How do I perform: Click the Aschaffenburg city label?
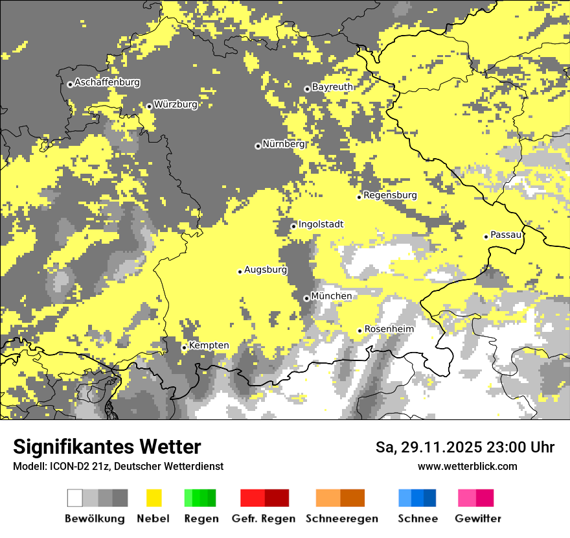click(107, 82)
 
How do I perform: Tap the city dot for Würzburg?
click(149, 106)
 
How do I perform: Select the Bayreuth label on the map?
click(332, 87)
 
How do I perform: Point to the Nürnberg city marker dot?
click(258, 146)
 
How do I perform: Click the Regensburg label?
click(390, 195)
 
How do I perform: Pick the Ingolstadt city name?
click(321, 224)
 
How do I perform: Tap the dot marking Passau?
click(486, 237)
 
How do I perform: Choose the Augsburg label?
click(266, 270)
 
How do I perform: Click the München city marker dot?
click(306, 298)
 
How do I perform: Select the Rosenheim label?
click(389, 329)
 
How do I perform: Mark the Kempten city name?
click(209, 345)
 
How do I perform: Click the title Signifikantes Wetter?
click(107, 447)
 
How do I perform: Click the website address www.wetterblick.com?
click(467, 466)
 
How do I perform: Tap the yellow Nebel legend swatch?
click(154, 498)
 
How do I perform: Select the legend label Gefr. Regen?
click(263, 519)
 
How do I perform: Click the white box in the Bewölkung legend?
click(75, 498)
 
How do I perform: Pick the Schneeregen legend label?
click(341, 519)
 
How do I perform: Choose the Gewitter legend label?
click(477, 519)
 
